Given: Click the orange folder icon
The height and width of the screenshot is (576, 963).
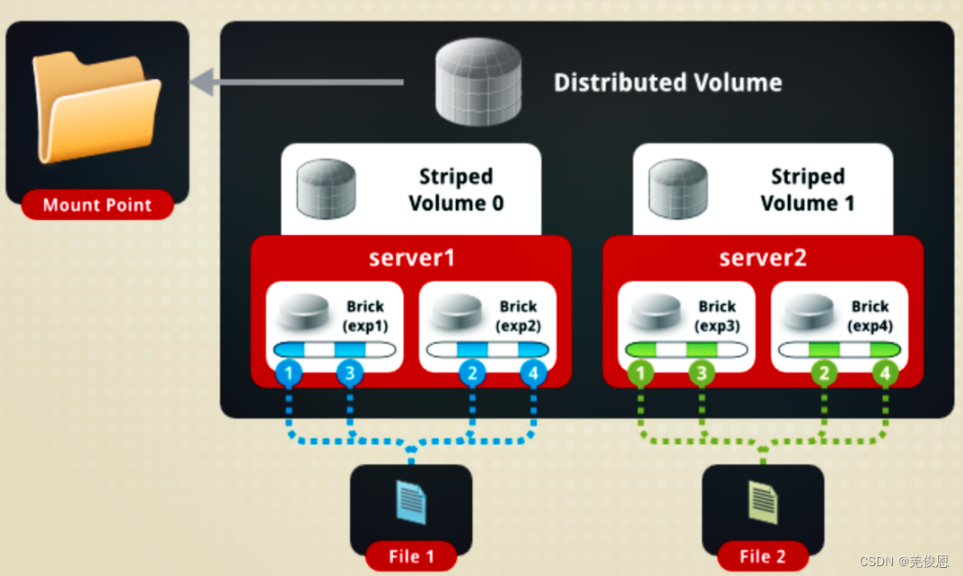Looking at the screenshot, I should tap(96, 107).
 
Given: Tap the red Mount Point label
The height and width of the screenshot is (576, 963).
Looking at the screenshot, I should tap(97, 205).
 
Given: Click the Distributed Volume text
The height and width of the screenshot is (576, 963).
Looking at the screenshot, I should tap(667, 83).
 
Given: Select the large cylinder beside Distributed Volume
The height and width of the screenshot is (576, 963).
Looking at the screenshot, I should tap(478, 83).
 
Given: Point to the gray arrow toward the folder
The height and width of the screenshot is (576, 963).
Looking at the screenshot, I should tap(296, 83).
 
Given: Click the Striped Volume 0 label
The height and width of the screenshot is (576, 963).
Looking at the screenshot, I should tap(456, 190).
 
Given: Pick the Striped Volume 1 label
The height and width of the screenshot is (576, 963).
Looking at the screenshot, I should tap(807, 190).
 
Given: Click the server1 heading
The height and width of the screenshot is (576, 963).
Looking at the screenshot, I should tap(412, 257).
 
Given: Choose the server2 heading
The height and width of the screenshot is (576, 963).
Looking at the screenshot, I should tap(762, 257).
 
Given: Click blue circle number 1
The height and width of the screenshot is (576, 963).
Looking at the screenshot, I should tap(288, 372).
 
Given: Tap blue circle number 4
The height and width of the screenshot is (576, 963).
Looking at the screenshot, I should tap(533, 372).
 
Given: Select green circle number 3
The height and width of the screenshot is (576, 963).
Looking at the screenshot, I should tap(702, 372).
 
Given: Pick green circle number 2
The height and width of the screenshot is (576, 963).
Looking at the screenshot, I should tap(823, 372).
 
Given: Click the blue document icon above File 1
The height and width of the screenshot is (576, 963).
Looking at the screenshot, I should tap(411, 502).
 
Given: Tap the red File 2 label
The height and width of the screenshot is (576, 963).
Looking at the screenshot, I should tap(763, 556).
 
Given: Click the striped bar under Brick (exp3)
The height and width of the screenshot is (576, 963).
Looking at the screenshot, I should tap(686, 350).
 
